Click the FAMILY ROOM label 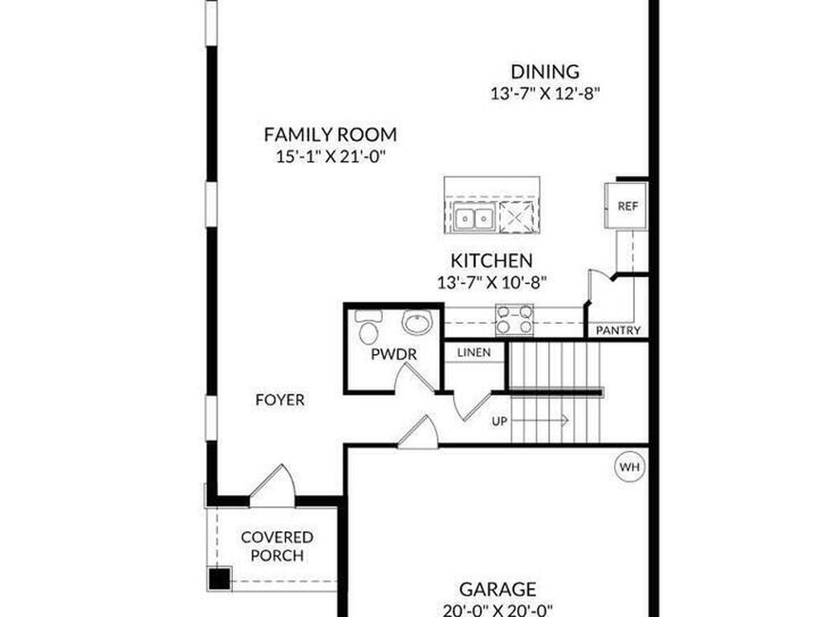tap(330, 134)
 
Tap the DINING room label tap(545, 72)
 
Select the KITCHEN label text tap(490, 260)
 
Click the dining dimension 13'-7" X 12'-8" tap(545, 93)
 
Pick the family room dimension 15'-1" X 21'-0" tap(330, 157)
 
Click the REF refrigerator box tap(626, 206)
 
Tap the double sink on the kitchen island tap(473, 217)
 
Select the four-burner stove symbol tap(515, 319)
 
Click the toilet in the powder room tap(369, 329)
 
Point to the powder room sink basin tap(417, 323)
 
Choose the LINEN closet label tap(474, 353)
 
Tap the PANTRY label tap(618, 330)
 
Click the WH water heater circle tap(629, 466)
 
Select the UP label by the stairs tap(499, 420)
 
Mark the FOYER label tap(279, 399)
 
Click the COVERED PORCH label tap(277, 546)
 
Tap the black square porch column tap(218, 578)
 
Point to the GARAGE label tap(498, 590)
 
